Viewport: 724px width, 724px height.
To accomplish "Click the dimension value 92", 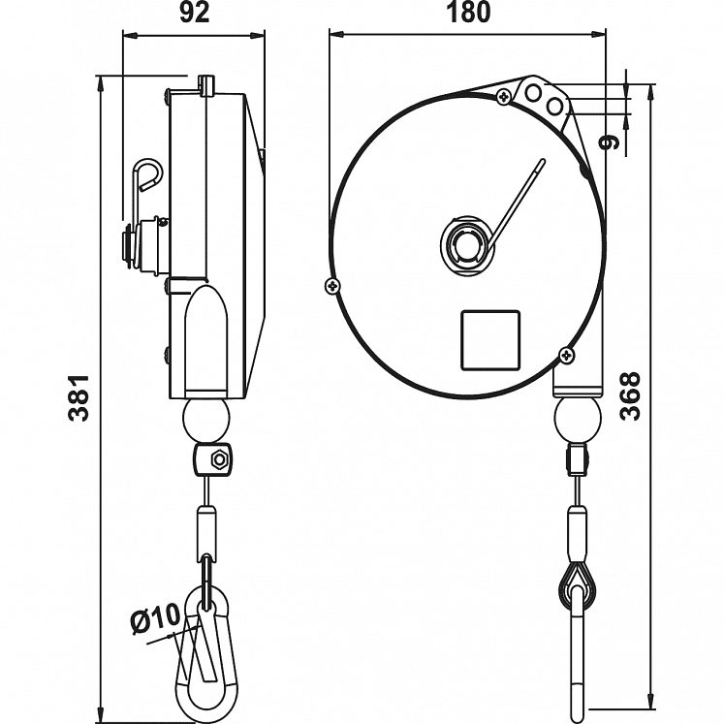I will [x=195, y=13].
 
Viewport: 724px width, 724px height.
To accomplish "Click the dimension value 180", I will [x=468, y=13].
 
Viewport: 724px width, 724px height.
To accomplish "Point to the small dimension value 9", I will [x=609, y=142].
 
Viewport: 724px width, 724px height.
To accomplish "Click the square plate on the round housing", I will [x=490, y=339].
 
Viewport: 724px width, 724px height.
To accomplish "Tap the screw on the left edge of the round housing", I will [x=332, y=285].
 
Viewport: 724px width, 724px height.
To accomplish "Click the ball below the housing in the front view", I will [x=577, y=420].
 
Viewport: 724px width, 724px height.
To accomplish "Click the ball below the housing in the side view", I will [x=205, y=420].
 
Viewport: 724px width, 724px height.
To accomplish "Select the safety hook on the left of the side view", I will [x=145, y=174].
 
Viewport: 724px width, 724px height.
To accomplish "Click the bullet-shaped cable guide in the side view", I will [x=205, y=339].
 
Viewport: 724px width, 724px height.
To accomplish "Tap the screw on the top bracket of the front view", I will [x=503, y=96].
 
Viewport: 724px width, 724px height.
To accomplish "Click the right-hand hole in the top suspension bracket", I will [x=554, y=106].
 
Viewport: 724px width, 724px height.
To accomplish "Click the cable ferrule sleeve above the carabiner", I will [x=205, y=529].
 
